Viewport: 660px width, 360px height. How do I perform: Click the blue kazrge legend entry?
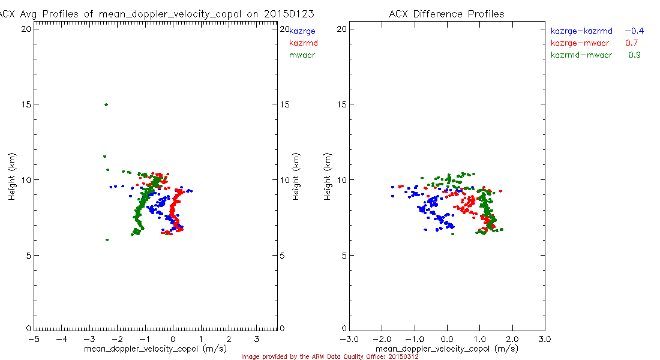302,31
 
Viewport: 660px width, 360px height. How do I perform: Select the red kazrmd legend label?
303,43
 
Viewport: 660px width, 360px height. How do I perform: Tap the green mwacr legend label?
302,55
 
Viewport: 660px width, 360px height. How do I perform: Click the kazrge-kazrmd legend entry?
581,31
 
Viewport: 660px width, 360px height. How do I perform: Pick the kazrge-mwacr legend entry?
580,43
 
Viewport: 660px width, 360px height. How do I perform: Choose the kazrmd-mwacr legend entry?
581,55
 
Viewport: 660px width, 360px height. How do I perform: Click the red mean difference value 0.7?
631,43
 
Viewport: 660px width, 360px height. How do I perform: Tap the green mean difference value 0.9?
634,55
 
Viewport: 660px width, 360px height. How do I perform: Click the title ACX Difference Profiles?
446,14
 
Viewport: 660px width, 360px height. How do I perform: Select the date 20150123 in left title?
292,14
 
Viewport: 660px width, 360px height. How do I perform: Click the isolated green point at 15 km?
106,104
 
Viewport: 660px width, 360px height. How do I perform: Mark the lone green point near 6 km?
107,240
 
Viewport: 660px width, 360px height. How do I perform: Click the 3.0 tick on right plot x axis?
544,338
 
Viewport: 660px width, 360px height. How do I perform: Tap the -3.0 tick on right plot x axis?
349,338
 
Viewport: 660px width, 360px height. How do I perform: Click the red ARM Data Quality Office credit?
329,356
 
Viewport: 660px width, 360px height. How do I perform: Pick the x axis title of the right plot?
446,349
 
